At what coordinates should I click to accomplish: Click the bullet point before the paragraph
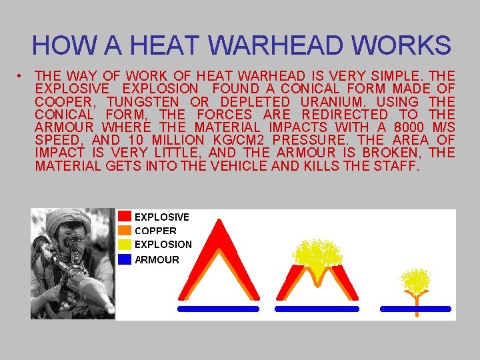tap(21, 76)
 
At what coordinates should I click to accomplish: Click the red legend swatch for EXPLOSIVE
tap(125, 217)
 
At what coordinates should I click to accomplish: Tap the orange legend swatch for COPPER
tap(125, 231)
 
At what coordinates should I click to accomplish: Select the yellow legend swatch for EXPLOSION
tap(125, 245)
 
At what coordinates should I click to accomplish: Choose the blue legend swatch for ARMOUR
tap(125, 259)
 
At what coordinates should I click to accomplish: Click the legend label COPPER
tap(155, 231)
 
